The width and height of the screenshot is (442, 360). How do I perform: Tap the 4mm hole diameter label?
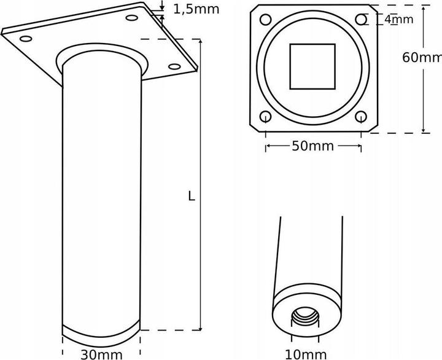(398, 20)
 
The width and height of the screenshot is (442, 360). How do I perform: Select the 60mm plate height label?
(422, 57)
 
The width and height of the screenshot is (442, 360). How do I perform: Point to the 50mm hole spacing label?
(312, 146)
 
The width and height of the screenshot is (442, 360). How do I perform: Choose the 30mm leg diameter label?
(101, 354)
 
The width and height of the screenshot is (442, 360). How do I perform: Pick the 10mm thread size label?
(305, 354)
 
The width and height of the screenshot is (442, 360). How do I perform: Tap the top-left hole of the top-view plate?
(266, 19)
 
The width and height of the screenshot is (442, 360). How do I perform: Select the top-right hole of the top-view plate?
(362, 20)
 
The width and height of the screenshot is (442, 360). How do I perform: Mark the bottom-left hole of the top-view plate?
(266, 116)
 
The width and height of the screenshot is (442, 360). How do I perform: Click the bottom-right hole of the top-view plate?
(361, 116)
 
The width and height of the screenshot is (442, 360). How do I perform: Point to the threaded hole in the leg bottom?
(304, 319)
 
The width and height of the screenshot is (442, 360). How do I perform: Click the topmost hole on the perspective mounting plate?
(131, 18)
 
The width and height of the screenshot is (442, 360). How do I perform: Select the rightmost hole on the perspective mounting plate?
(174, 66)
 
